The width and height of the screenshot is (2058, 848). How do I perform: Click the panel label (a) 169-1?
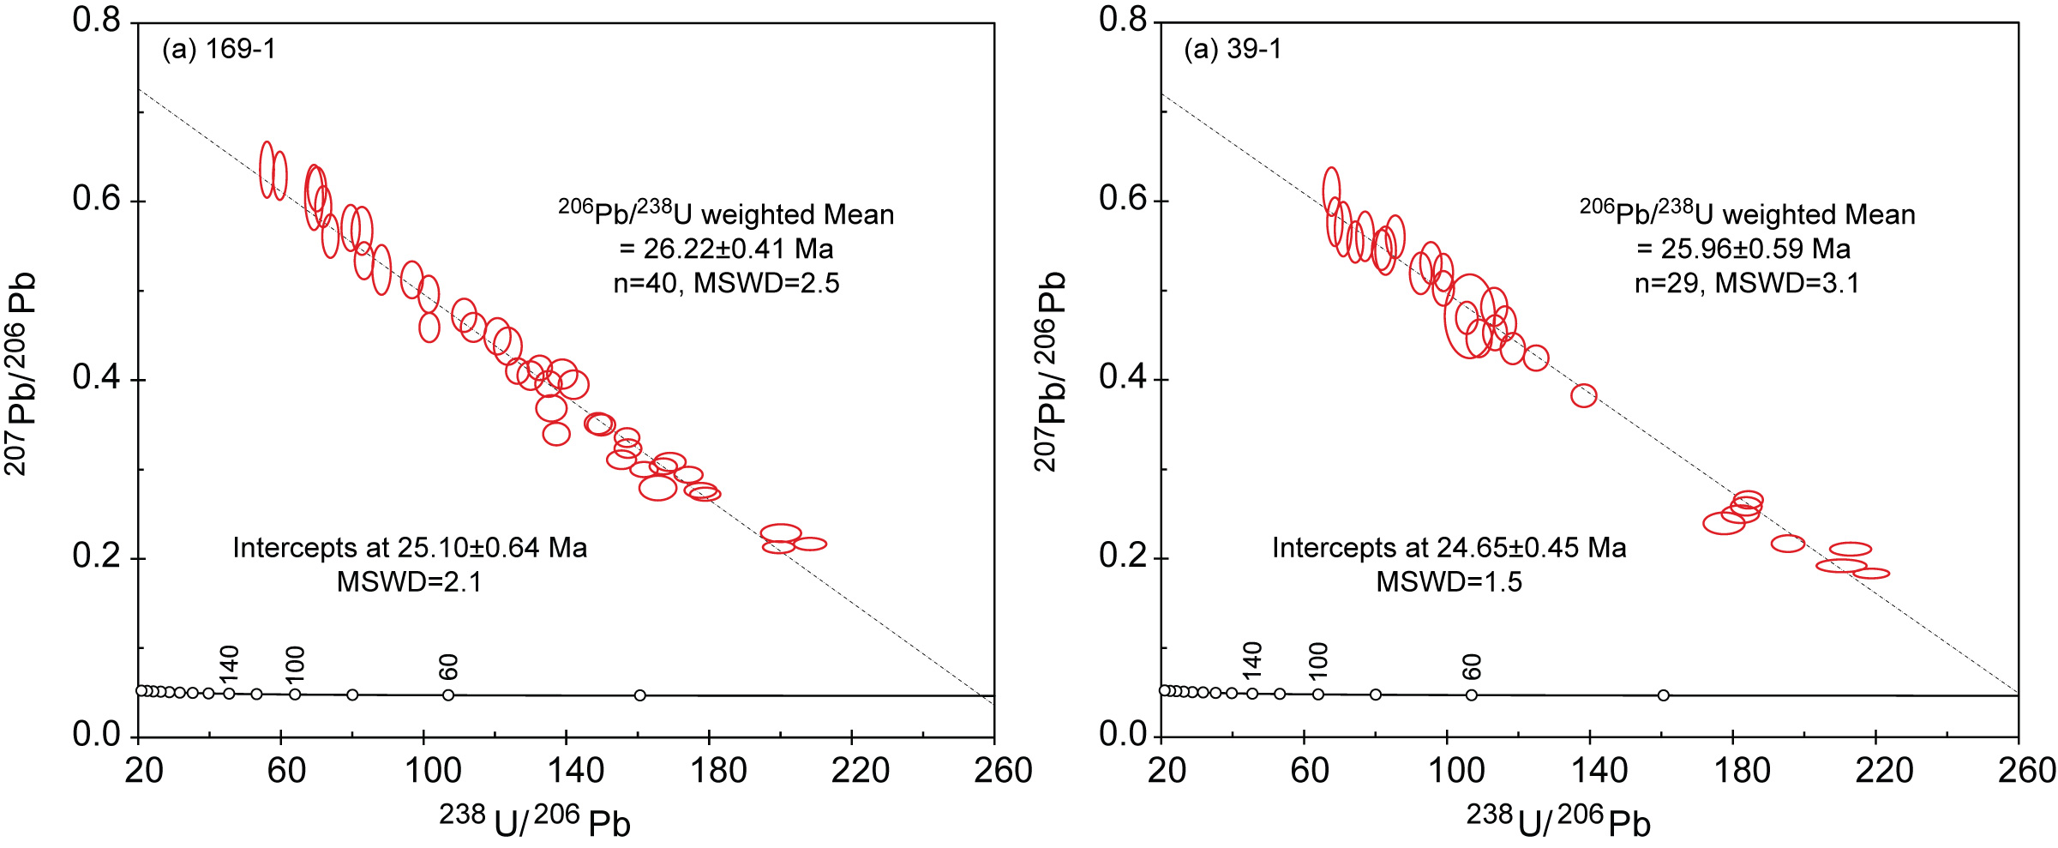(x=219, y=50)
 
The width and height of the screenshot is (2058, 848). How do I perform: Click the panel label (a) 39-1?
(x=1233, y=50)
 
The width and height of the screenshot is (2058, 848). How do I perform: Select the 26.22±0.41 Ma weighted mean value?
(x=726, y=250)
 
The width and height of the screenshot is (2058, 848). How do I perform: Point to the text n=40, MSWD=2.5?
(x=726, y=284)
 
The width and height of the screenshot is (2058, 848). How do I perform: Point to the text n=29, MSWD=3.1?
(x=1747, y=284)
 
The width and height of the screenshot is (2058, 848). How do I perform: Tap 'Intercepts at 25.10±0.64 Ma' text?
(x=410, y=549)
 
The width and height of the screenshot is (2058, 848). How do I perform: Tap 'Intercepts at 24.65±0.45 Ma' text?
(x=1449, y=549)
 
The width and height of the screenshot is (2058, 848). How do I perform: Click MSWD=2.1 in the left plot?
(x=410, y=583)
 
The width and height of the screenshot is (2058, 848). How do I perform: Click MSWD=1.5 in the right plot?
(x=1449, y=583)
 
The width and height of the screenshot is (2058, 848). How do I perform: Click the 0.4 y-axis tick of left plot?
(x=96, y=378)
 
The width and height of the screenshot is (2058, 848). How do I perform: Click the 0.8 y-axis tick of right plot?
(x=1123, y=20)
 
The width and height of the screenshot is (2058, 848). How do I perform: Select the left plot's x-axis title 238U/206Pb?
(x=535, y=821)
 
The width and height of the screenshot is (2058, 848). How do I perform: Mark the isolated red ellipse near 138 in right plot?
(x=1584, y=396)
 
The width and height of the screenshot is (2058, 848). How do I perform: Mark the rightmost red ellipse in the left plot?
(x=810, y=544)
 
